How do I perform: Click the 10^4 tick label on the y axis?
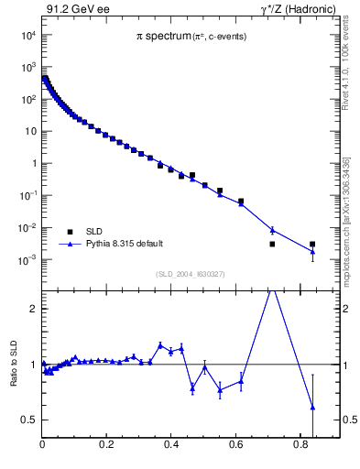point(27,35)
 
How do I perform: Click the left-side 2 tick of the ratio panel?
point(34,309)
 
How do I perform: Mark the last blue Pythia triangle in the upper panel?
point(312,251)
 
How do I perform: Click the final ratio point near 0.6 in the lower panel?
point(312,407)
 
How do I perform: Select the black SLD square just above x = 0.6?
point(241,202)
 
